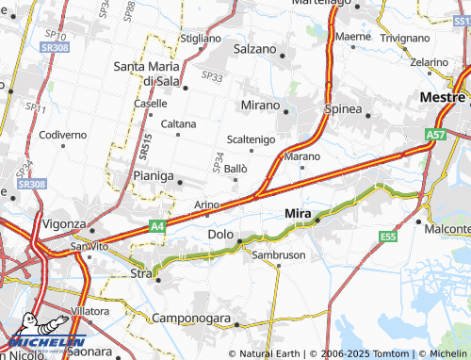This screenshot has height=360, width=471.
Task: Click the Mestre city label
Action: point(443,96)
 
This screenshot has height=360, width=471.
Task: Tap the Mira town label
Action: point(299,215)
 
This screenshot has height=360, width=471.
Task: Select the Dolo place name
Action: point(220,234)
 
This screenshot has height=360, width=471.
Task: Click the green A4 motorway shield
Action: point(157,226)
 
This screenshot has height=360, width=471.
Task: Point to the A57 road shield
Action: point(435,136)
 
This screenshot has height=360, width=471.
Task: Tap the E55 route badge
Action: point(386,237)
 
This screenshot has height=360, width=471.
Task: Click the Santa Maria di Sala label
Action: point(153,74)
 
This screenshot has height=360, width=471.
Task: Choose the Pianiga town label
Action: point(153,176)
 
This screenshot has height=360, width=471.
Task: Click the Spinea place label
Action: point(343,109)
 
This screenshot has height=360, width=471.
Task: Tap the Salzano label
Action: point(254,49)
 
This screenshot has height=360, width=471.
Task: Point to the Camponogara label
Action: point(191,319)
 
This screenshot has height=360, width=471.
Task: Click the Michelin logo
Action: point(47,341)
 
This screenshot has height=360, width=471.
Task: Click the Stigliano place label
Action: point(200,39)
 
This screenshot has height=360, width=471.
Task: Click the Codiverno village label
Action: point(63,136)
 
